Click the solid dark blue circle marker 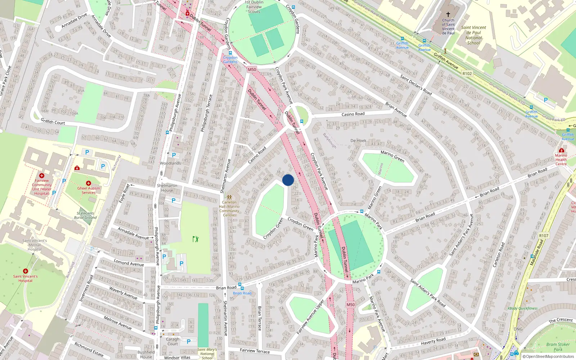pos(288,180)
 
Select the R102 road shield pos(467,73)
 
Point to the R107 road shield pos(544,236)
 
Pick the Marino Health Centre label pos(561,159)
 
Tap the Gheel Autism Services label pos(89,190)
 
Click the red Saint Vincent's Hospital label pos(25,278)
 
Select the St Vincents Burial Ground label pos(85,215)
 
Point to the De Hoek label pos(358,141)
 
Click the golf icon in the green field pos(195,239)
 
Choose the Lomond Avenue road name pos(129,263)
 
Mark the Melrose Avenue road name pos(118,323)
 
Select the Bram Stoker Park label pos(558,347)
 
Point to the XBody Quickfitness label pos(522,309)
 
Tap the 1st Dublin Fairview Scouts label pos(254,7)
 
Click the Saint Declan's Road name pos(416,85)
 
